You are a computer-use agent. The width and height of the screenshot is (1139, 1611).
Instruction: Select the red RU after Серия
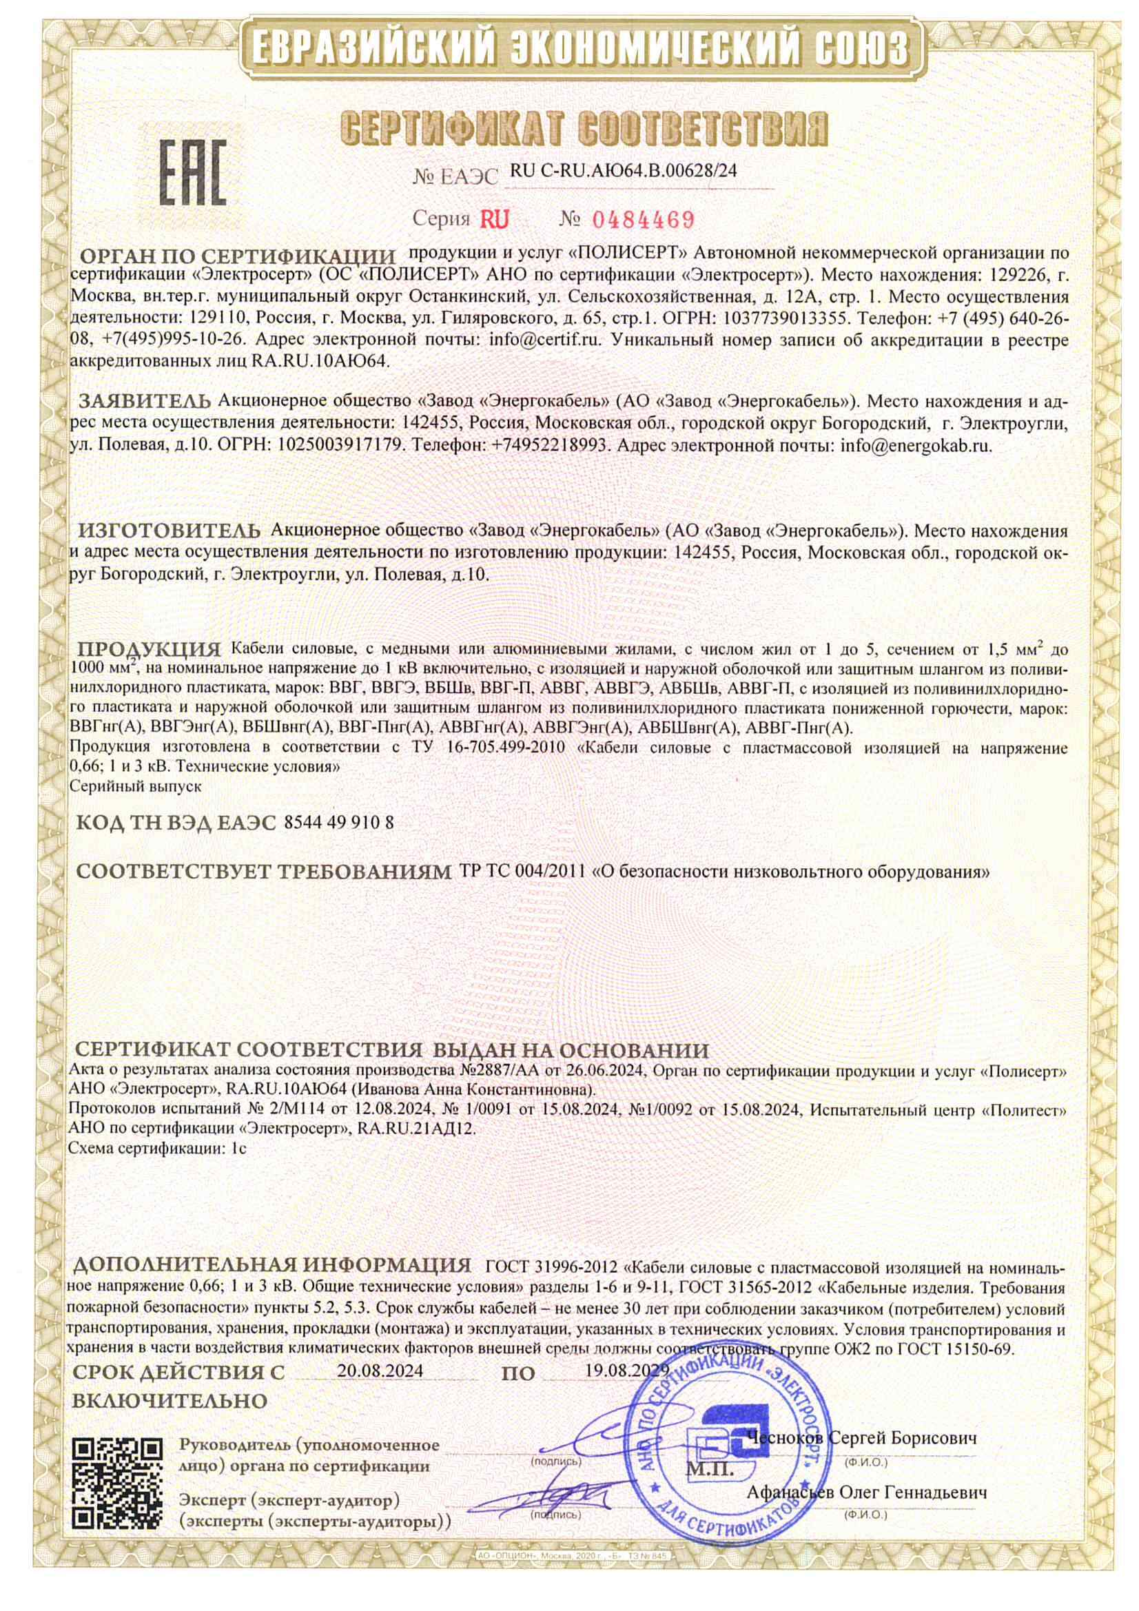click(494, 220)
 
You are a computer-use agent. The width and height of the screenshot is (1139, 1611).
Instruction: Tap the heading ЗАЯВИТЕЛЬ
click(145, 401)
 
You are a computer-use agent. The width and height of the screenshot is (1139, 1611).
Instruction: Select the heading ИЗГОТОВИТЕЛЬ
click(167, 529)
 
